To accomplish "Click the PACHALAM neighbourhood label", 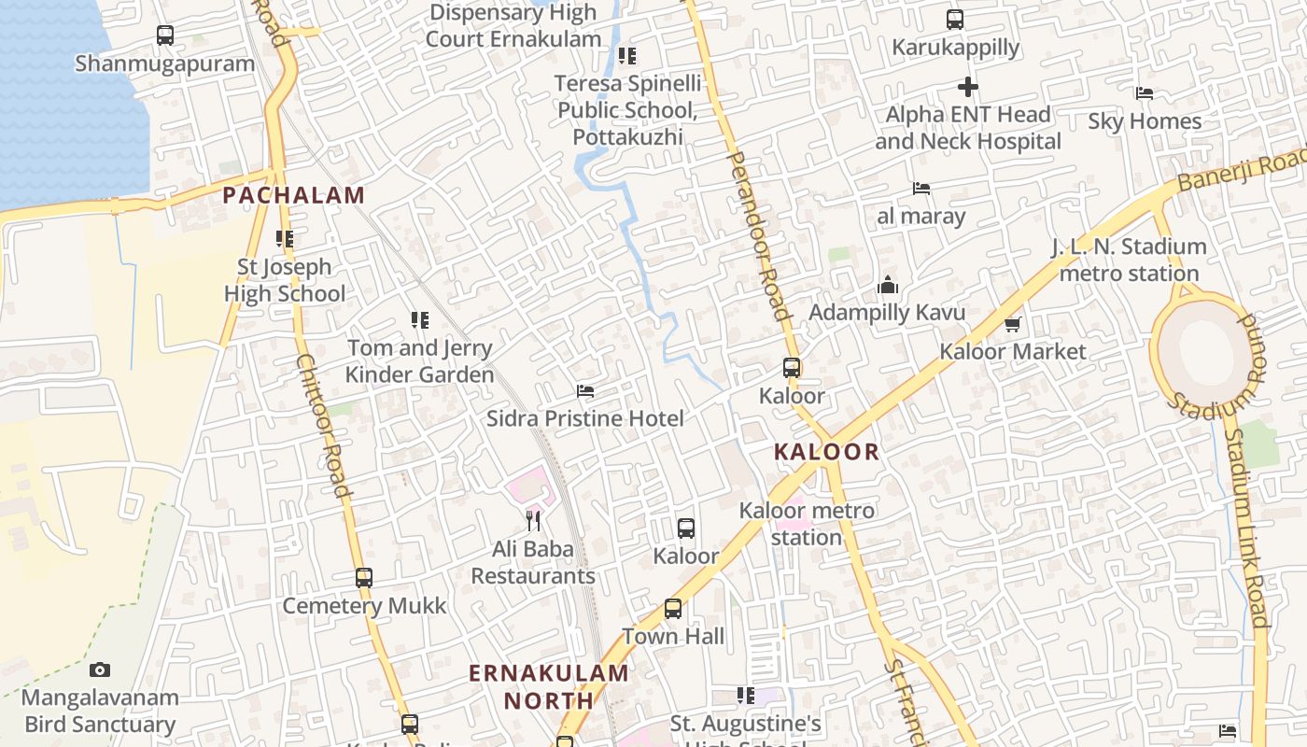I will click(293, 195).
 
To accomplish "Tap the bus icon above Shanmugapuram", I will click(165, 35).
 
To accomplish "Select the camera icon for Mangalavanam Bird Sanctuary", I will click(100, 669).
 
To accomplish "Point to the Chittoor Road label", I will click(324, 425).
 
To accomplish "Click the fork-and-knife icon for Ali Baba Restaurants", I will click(533, 520).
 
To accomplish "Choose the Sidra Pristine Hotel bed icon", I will click(585, 390).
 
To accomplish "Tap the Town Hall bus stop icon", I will click(673, 609).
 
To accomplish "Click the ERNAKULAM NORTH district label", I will click(548, 686).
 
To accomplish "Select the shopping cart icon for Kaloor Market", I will click(1013, 324).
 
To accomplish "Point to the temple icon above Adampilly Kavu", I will click(887, 284).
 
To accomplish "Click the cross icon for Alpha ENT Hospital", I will click(968, 87).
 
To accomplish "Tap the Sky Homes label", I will click(1145, 121).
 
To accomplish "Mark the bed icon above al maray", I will click(921, 188).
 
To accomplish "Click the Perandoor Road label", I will click(758, 237).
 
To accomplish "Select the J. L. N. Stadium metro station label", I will click(1129, 261).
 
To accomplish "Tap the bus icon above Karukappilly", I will click(955, 19).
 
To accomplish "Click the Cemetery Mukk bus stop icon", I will click(364, 578).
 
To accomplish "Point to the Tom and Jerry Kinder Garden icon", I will click(420, 320).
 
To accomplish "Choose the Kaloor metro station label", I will click(807, 524).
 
